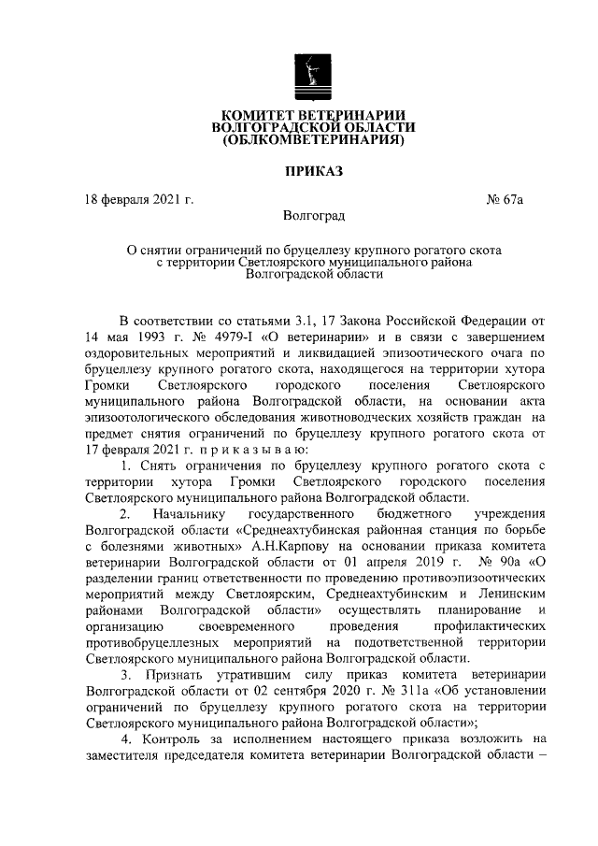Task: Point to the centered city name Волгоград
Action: point(313,216)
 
